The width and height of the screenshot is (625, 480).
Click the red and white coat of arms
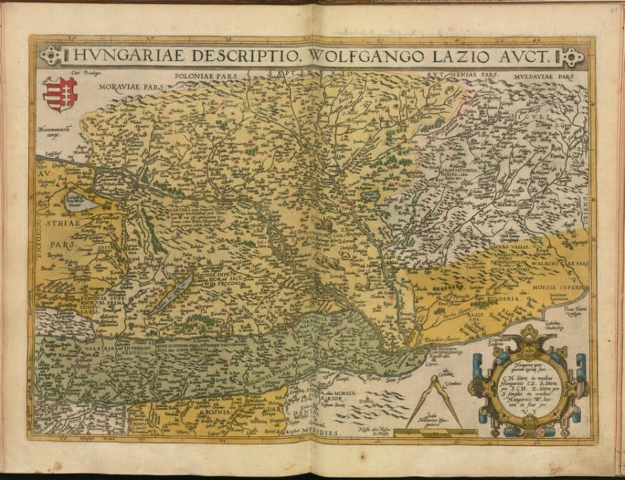click(x=59, y=94)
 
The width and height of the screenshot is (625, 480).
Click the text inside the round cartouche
click(x=530, y=387)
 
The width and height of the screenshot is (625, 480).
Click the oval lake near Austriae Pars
click(x=80, y=202)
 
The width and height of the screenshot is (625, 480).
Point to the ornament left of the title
click(x=51, y=56)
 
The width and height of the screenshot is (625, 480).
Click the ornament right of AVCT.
click(x=572, y=58)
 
